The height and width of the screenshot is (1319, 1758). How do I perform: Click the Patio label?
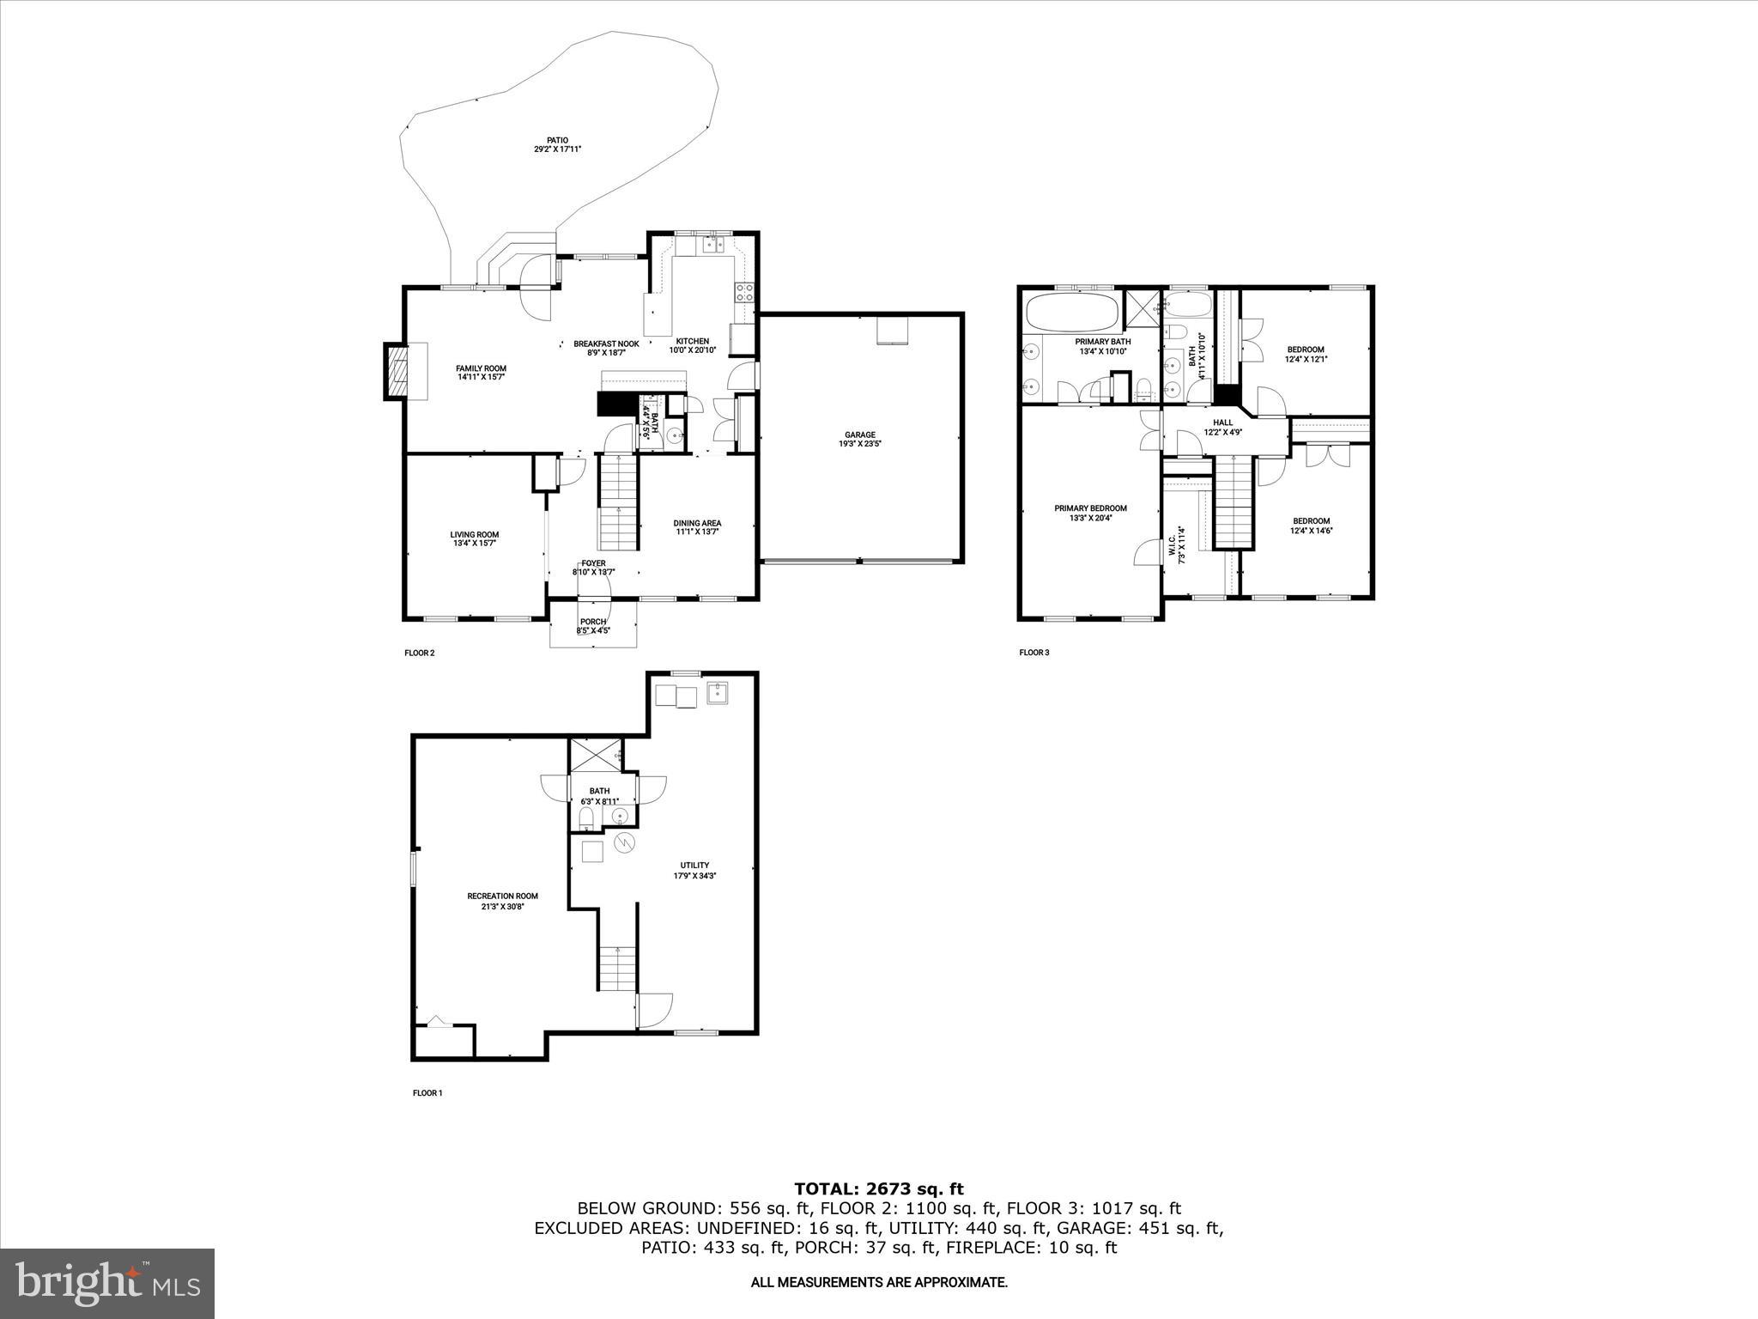click(x=558, y=140)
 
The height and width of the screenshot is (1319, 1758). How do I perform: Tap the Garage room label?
click(x=859, y=435)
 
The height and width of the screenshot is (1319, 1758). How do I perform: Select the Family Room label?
click(x=481, y=368)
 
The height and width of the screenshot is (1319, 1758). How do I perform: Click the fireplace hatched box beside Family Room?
click(x=397, y=371)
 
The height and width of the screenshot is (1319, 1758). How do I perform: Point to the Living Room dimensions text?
click(x=475, y=544)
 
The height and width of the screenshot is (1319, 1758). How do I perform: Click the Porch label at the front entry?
click(x=593, y=622)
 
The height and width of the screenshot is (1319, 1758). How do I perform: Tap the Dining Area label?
click(x=697, y=523)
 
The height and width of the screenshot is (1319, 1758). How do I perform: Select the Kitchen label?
click(x=692, y=341)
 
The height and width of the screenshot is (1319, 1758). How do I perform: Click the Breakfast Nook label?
click(x=606, y=343)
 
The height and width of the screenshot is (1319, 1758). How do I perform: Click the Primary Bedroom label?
click(x=1090, y=508)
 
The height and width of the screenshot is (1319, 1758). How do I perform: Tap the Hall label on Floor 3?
click(x=1222, y=422)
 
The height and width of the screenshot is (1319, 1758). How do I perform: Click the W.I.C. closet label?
click(x=1173, y=547)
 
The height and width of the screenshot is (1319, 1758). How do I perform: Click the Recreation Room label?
click(x=502, y=896)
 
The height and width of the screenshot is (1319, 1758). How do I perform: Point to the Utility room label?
click(x=694, y=865)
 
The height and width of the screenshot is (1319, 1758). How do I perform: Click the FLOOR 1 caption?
click(x=427, y=1093)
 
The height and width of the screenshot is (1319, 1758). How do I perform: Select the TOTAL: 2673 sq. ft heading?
click(x=878, y=1188)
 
